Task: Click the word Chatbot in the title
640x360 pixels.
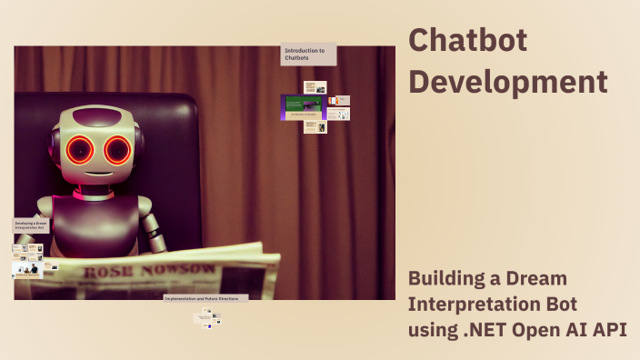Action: [x=467, y=40]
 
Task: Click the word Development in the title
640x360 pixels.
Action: [x=507, y=81]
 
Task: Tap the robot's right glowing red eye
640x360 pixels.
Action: [x=117, y=149]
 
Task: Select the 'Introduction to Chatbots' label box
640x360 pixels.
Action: [x=308, y=55]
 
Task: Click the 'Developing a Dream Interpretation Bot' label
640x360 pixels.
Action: [x=31, y=225]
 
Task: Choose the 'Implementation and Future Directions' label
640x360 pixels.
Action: [x=205, y=297]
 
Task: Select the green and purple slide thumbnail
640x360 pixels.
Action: [x=303, y=107]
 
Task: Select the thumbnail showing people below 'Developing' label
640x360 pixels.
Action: [x=26, y=269]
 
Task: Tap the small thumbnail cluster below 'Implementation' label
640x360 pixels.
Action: [x=207, y=317]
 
